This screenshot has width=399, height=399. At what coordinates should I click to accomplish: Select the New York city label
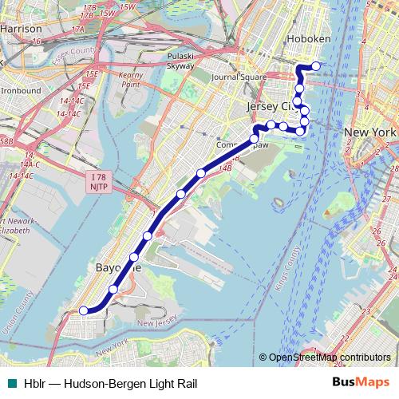click(x=369, y=132)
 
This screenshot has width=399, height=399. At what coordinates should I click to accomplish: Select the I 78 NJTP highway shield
click(x=97, y=180)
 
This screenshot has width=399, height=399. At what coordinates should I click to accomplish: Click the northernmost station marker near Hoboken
click(x=316, y=66)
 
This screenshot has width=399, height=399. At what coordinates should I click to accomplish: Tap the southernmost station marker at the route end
click(x=84, y=310)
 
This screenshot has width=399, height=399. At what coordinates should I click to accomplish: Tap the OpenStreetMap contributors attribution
click(x=329, y=358)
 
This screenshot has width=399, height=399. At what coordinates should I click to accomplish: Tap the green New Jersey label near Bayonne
click(x=156, y=322)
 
